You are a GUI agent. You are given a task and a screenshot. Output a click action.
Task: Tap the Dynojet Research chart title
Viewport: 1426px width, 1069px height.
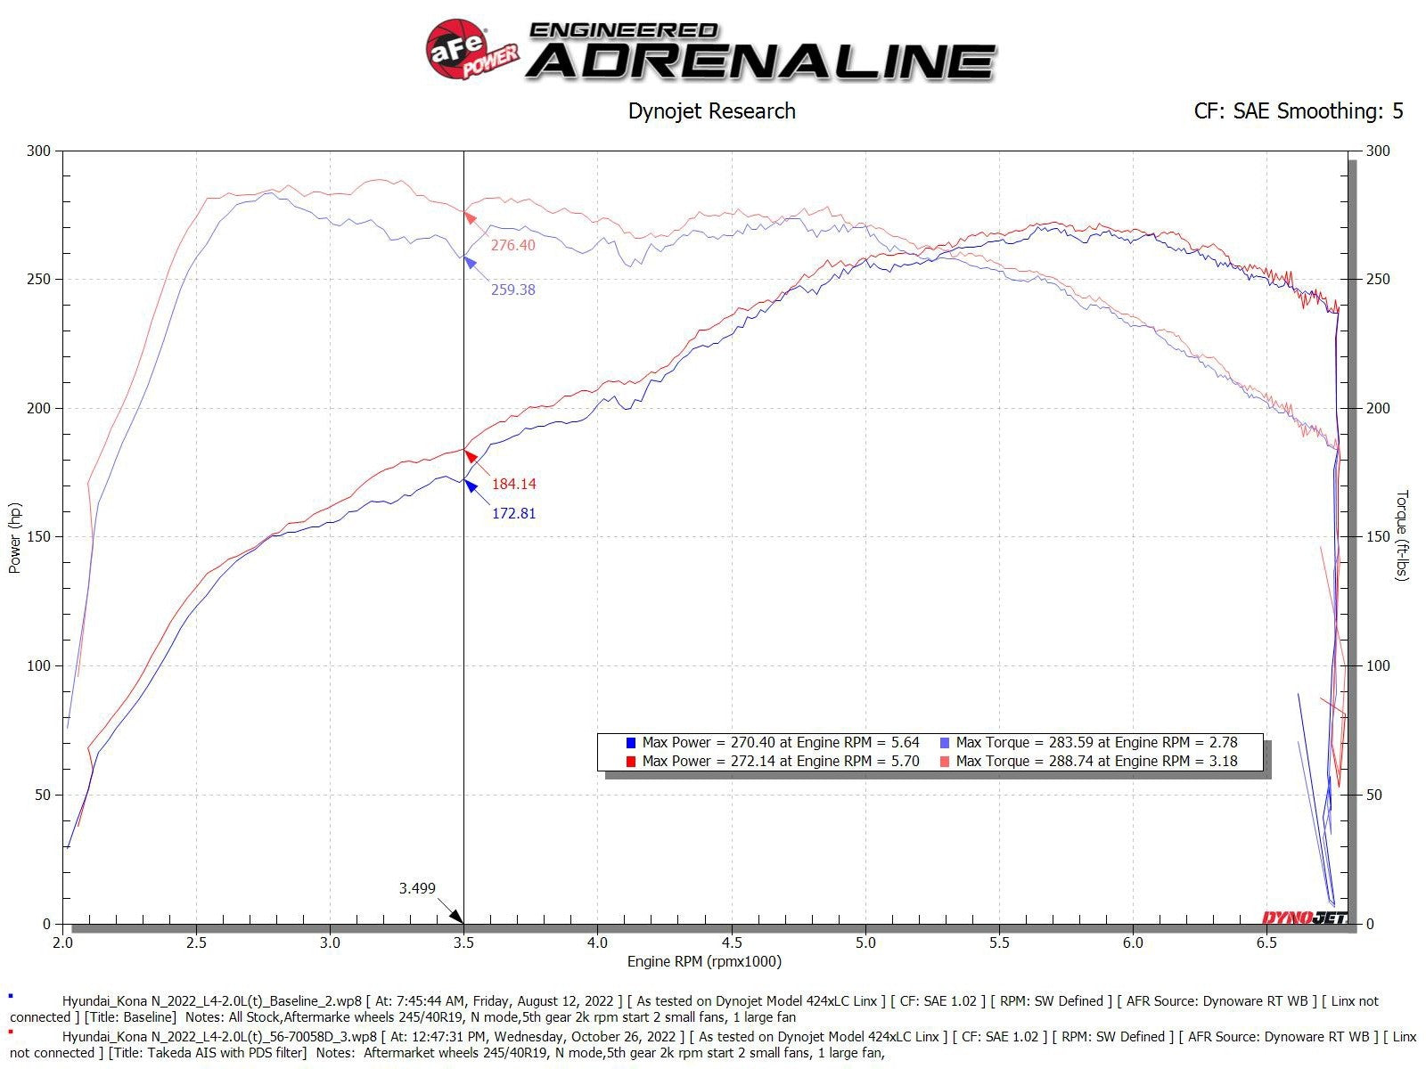click(x=711, y=111)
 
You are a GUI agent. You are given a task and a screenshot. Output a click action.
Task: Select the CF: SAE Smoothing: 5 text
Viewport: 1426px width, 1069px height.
click(x=1298, y=111)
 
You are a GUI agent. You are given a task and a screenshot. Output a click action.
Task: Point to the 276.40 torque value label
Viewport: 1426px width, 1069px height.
click(x=512, y=245)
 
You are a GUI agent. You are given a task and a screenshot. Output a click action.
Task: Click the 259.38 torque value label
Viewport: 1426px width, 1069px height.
click(x=512, y=290)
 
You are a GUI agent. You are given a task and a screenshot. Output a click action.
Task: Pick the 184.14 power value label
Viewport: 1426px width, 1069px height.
click(x=513, y=484)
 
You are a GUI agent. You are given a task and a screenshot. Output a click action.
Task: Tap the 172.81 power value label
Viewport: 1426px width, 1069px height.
click(x=513, y=513)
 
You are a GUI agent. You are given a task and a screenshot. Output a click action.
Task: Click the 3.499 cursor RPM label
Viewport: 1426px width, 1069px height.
click(x=417, y=888)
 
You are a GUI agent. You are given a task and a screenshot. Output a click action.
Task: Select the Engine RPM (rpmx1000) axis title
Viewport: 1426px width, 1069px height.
click(x=704, y=961)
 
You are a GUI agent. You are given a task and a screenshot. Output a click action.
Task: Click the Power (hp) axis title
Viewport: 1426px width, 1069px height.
click(x=14, y=537)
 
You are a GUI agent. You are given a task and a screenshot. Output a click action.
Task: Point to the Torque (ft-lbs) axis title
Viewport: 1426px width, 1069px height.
click(x=1402, y=535)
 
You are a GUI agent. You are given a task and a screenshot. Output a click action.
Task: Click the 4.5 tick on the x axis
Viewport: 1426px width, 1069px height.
click(x=731, y=943)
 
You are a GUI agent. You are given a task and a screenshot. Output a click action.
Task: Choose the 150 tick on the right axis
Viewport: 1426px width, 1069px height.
click(x=1378, y=537)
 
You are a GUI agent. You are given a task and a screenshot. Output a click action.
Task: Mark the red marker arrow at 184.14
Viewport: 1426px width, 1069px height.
click(x=471, y=456)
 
